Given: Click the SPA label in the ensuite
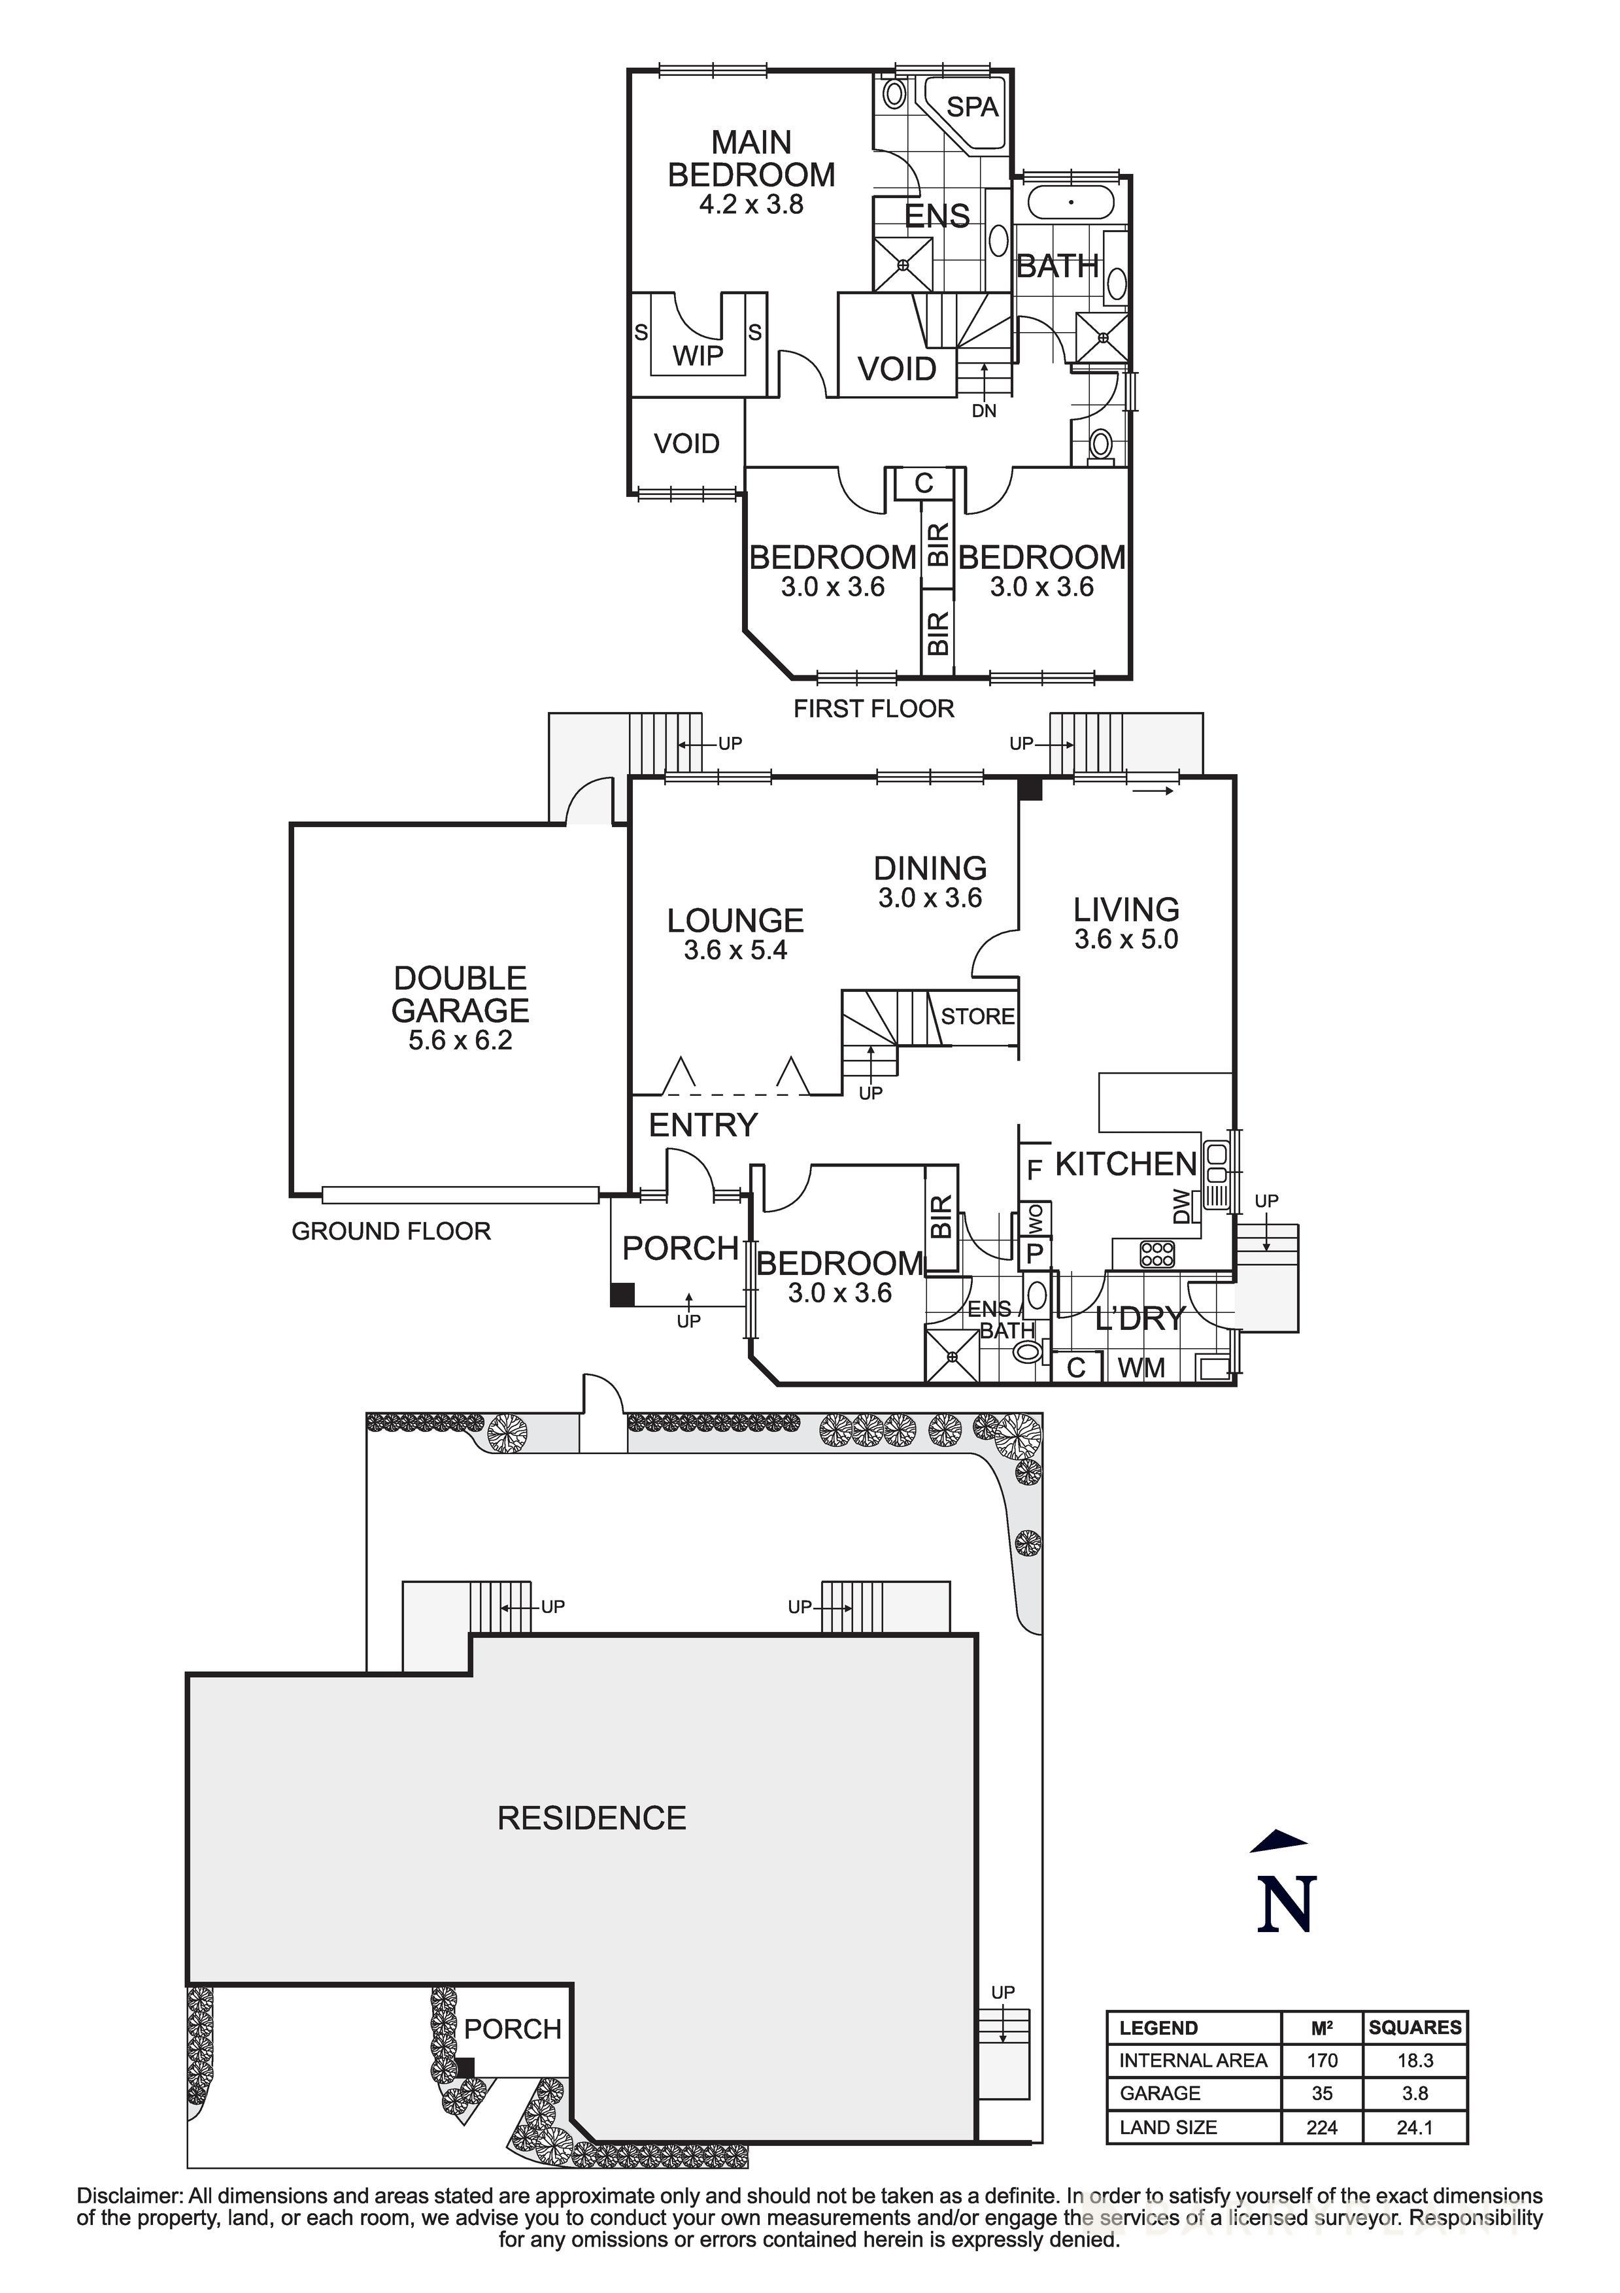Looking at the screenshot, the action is tap(971, 107).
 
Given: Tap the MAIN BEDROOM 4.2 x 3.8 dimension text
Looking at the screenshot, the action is tap(751, 205).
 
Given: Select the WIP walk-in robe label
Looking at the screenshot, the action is tap(698, 356).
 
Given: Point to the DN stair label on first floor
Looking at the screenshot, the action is tap(984, 411).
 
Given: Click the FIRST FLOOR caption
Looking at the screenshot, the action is tap(874, 709).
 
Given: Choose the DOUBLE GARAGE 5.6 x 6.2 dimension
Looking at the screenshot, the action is tap(460, 1041).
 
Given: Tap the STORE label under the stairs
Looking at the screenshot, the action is tap(978, 1017).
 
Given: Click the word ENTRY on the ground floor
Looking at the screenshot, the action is tap(703, 1125).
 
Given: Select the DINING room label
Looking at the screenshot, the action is tap(930, 868).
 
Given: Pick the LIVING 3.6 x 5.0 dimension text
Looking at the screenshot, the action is tap(1126, 940).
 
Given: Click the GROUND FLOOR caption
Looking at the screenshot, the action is tap(392, 1231).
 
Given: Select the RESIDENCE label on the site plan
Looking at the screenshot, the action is tap(592, 1818).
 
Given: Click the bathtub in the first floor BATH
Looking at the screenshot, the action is tap(1071, 202).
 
